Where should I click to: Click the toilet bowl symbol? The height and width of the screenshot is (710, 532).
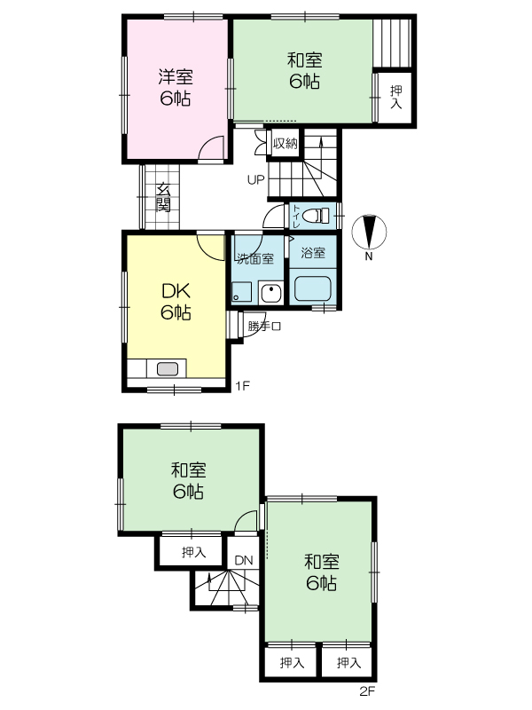coord(317,216)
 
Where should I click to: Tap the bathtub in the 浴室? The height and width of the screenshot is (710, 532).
coord(313,289)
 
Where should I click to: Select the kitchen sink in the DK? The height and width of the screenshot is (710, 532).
coord(168,369)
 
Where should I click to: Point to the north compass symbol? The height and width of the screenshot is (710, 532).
coord(369,233)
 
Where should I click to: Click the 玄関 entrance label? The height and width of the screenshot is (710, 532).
coord(163,197)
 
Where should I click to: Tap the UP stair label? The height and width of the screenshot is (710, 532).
coord(255,180)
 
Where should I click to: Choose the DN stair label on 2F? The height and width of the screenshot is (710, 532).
coord(244,560)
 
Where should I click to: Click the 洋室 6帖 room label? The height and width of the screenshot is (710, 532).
coord(175,87)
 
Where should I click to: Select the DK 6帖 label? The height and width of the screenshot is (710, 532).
coord(176,301)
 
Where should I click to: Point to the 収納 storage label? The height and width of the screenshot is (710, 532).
coord(285,144)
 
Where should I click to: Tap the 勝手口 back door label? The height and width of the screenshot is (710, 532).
coord(264,326)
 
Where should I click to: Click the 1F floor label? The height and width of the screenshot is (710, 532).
coord(242,386)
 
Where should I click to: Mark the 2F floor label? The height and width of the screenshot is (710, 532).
coord(367,691)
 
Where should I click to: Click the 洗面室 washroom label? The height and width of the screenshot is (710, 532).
coord(255,258)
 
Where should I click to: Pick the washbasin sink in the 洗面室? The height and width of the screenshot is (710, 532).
coord(270,293)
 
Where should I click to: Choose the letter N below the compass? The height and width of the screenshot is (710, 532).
coord(369,256)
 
